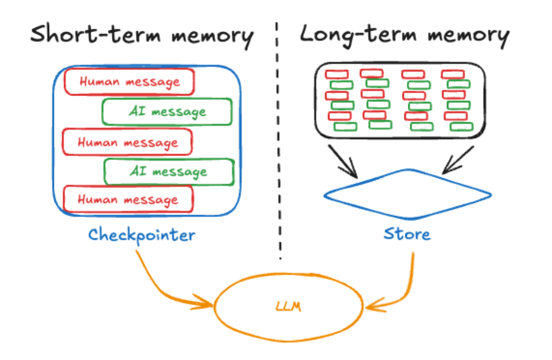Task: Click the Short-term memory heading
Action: (x=142, y=36)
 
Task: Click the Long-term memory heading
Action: (x=405, y=36)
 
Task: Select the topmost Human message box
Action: (x=129, y=82)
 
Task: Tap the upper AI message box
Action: (x=167, y=111)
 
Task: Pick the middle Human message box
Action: (x=127, y=142)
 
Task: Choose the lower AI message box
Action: (x=169, y=172)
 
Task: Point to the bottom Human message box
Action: (x=128, y=199)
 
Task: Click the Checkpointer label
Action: (x=142, y=235)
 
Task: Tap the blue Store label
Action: (x=407, y=234)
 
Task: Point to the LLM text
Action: (x=288, y=306)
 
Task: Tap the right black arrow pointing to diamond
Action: (x=458, y=160)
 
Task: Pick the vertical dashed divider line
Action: (x=278, y=141)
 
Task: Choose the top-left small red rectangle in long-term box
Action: (x=336, y=74)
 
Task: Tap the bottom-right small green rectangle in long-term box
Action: (x=461, y=127)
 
